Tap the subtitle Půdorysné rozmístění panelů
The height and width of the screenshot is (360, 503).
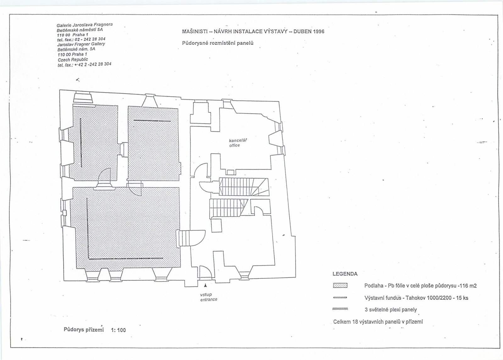(x=218, y=43)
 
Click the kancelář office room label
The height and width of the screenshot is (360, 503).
(x=238, y=143)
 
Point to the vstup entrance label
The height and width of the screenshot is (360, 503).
(x=209, y=297)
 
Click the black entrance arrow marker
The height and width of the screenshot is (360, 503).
(x=205, y=286)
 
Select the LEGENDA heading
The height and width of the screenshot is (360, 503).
(x=345, y=274)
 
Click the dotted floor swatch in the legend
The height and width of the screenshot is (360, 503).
(x=340, y=286)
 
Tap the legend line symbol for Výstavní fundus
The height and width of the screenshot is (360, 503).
(x=340, y=298)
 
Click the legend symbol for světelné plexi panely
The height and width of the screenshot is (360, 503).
(x=340, y=309)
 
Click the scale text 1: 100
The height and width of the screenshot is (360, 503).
(x=118, y=330)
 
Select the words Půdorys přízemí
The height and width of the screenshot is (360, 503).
(x=84, y=330)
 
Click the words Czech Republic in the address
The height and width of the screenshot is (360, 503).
(x=73, y=60)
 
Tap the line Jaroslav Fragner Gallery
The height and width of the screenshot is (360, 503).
(x=81, y=44)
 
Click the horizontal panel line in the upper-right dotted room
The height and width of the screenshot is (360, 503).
(x=152, y=121)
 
